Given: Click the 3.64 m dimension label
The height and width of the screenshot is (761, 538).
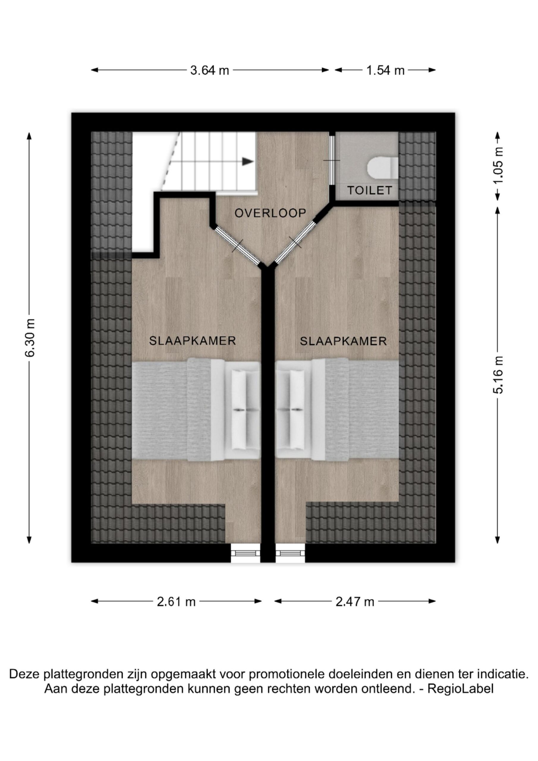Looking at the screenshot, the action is tap(210, 70).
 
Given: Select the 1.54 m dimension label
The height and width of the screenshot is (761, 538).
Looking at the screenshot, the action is tap(385, 70).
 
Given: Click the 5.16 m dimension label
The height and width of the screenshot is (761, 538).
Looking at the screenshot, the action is tap(498, 375).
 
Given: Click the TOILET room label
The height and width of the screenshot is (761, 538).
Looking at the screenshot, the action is tap(369, 190).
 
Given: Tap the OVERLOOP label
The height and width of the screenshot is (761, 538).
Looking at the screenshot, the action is tap(270, 213).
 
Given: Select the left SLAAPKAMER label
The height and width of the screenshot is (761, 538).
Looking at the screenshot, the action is tap(192, 341).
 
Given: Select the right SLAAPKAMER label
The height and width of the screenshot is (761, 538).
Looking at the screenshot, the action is tap(343, 341).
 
